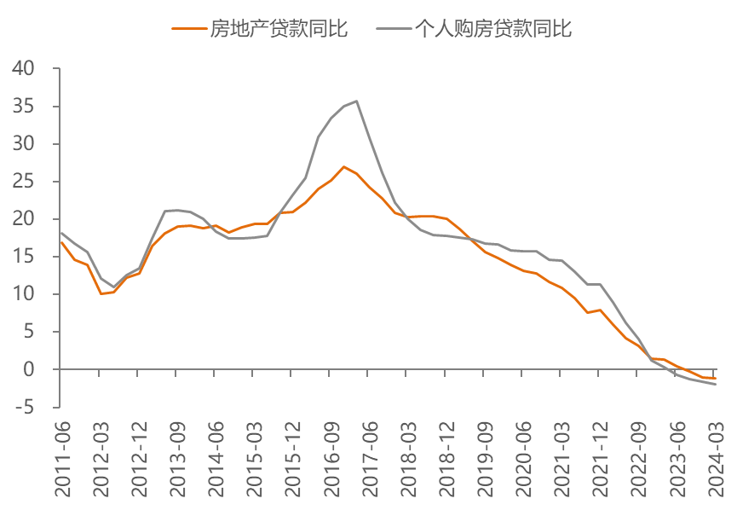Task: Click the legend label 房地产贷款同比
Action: (x=279, y=29)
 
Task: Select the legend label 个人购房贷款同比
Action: (x=493, y=29)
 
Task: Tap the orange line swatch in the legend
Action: (x=189, y=29)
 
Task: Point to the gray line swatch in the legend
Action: (x=394, y=29)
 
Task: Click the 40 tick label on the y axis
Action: (x=24, y=69)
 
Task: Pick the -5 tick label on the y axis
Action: (x=25, y=407)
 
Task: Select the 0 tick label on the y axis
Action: (x=29, y=369)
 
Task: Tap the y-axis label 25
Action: (x=24, y=182)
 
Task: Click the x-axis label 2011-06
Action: (x=62, y=459)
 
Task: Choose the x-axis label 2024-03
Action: (x=717, y=459)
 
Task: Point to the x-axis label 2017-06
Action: (x=370, y=459)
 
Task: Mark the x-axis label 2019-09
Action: (x=486, y=459)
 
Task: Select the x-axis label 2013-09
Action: (x=178, y=459)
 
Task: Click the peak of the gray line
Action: (x=357, y=101)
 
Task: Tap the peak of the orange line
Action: (x=344, y=166)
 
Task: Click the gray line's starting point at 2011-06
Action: (x=61, y=233)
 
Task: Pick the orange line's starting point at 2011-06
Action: (x=61, y=242)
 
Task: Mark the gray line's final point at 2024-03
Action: (x=716, y=385)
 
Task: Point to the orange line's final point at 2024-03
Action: (x=716, y=379)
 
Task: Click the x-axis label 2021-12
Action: (x=601, y=459)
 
